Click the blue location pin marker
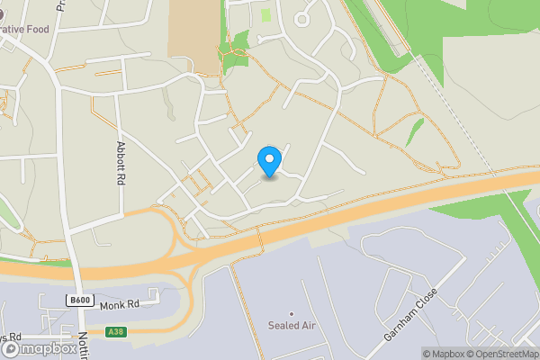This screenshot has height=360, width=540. click(268, 161)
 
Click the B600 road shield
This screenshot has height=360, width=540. click(80, 300)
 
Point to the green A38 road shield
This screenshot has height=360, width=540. click(114, 332)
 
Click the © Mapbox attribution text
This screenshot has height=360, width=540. click(444, 353)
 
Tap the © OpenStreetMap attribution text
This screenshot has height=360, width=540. click(502, 353)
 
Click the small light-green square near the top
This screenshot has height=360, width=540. click(265, 14)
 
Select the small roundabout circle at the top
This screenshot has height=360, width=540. click(301, 19)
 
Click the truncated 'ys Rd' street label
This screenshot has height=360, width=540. click(11, 336)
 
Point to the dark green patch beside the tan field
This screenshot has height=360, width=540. click(238, 49)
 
